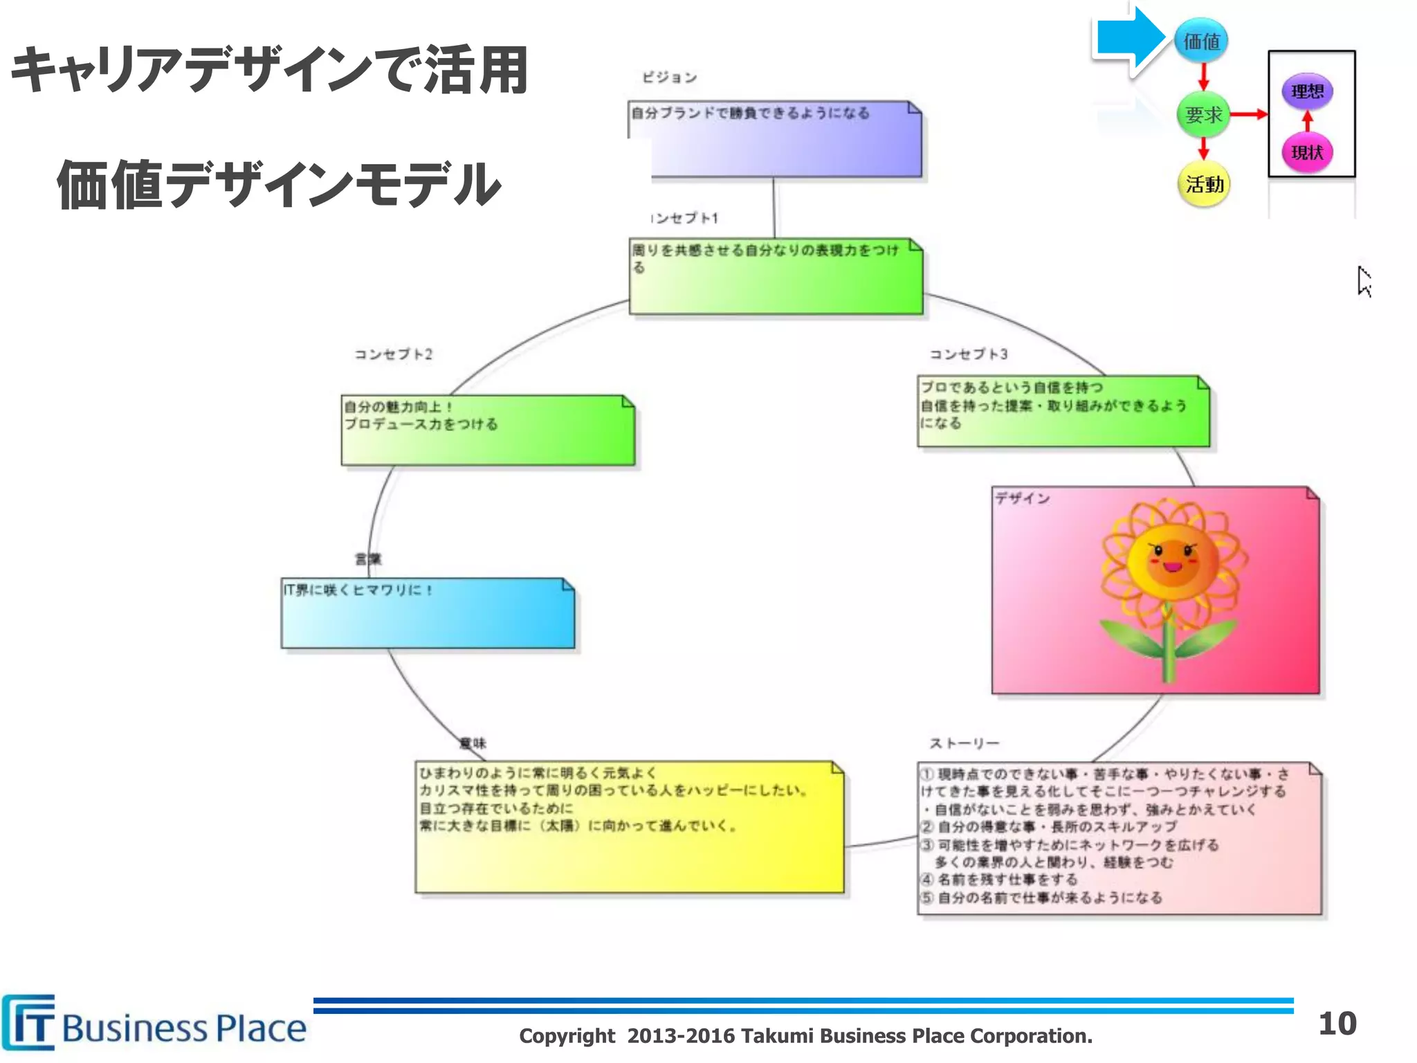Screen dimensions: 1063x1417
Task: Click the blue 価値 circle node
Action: point(1201,42)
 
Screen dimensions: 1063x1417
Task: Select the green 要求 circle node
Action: point(1203,114)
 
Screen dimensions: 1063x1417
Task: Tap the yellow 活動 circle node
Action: point(1204,184)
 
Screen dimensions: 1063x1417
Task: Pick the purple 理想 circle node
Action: point(1307,91)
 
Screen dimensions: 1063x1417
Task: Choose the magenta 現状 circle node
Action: point(1307,152)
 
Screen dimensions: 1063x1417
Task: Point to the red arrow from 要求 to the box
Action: point(1249,114)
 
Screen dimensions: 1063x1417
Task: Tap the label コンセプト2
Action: point(394,354)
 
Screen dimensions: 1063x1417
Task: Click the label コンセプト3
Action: point(968,354)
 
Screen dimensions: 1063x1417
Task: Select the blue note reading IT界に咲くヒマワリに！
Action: point(428,613)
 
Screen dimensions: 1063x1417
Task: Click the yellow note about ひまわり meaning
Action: point(629,827)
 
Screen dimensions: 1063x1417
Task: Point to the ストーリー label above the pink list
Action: point(964,743)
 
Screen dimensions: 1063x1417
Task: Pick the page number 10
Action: point(1337,1024)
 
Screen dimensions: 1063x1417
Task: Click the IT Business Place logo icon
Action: point(29,1022)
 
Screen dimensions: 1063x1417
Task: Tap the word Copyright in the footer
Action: point(567,1036)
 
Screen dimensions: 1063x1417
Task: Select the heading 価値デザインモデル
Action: point(278,185)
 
